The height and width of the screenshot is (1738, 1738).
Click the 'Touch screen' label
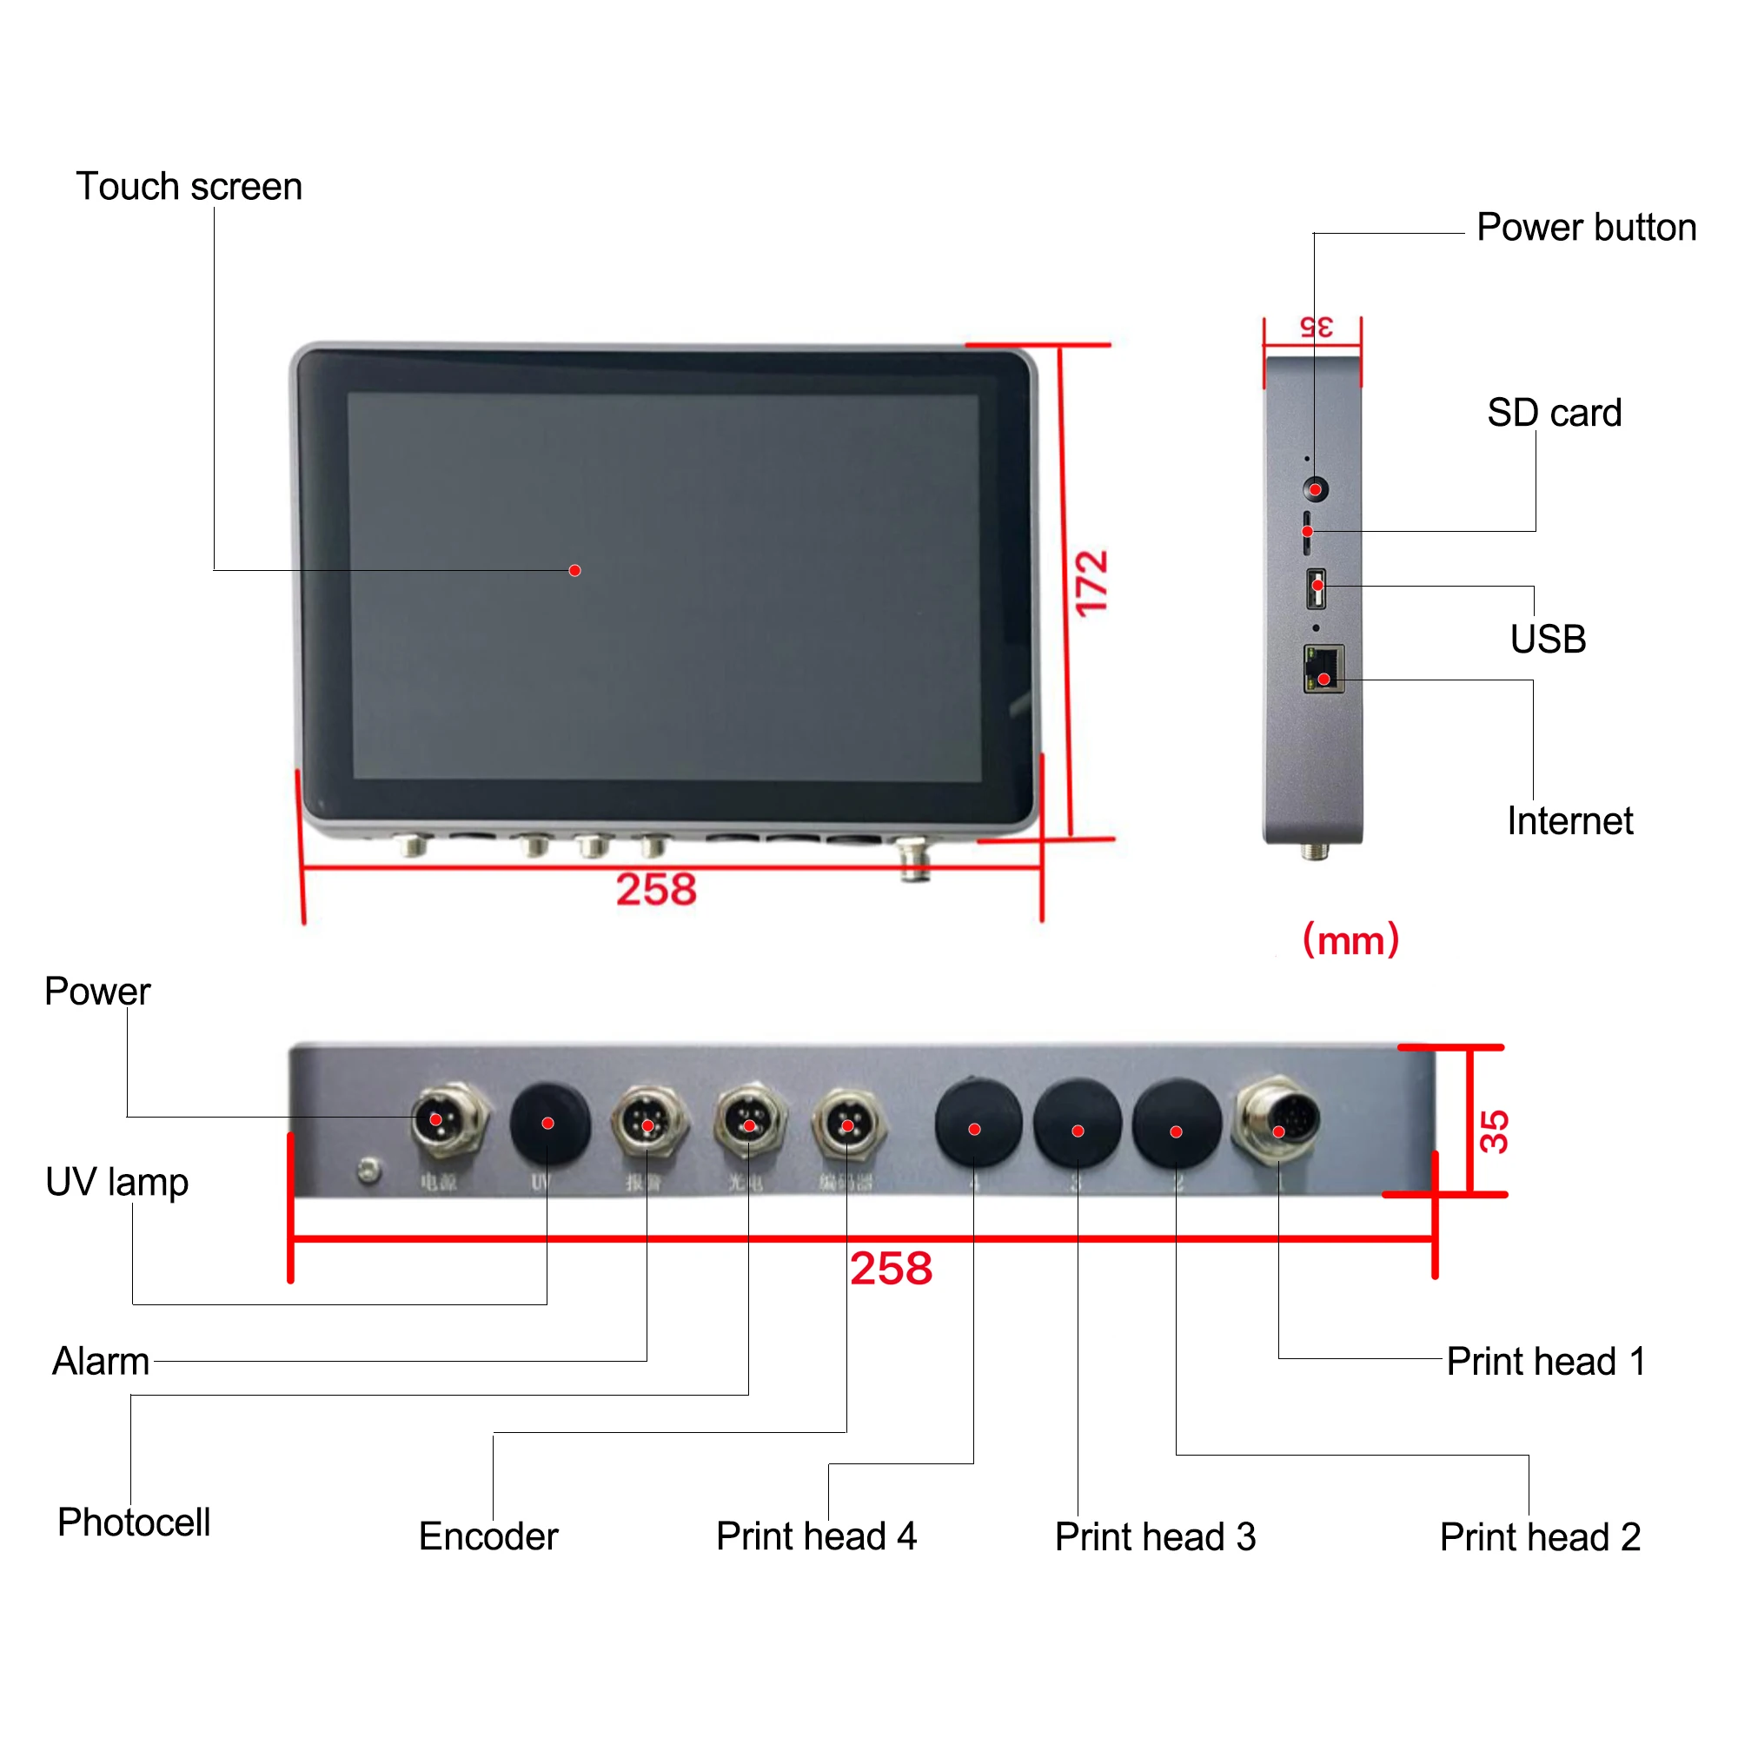click(189, 187)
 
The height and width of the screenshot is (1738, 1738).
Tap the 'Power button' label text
click(1586, 228)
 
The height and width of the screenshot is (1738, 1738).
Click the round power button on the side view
click(1315, 490)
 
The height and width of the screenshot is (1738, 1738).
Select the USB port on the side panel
click(1316, 587)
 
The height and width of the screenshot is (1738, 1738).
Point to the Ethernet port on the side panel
click(1323, 669)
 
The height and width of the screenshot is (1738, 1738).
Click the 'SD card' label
click(1554, 414)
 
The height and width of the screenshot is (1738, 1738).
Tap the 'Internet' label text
click(1569, 821)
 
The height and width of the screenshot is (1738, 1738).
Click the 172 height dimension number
click(1091, 583)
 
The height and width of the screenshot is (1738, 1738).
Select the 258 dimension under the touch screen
click(656, 890)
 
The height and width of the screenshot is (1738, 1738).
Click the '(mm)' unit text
click(1350, 940)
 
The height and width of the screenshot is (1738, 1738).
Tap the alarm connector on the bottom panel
click(647, 1124)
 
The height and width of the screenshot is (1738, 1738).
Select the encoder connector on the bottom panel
click(847, 1124)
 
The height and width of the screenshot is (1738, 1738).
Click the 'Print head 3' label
click(1155, 1537)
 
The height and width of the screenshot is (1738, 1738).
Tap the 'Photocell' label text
click(134, 1523)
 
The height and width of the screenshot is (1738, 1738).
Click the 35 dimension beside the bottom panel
click(1494, 1131)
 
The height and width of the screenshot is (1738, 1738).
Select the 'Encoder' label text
click(488, 1536)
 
